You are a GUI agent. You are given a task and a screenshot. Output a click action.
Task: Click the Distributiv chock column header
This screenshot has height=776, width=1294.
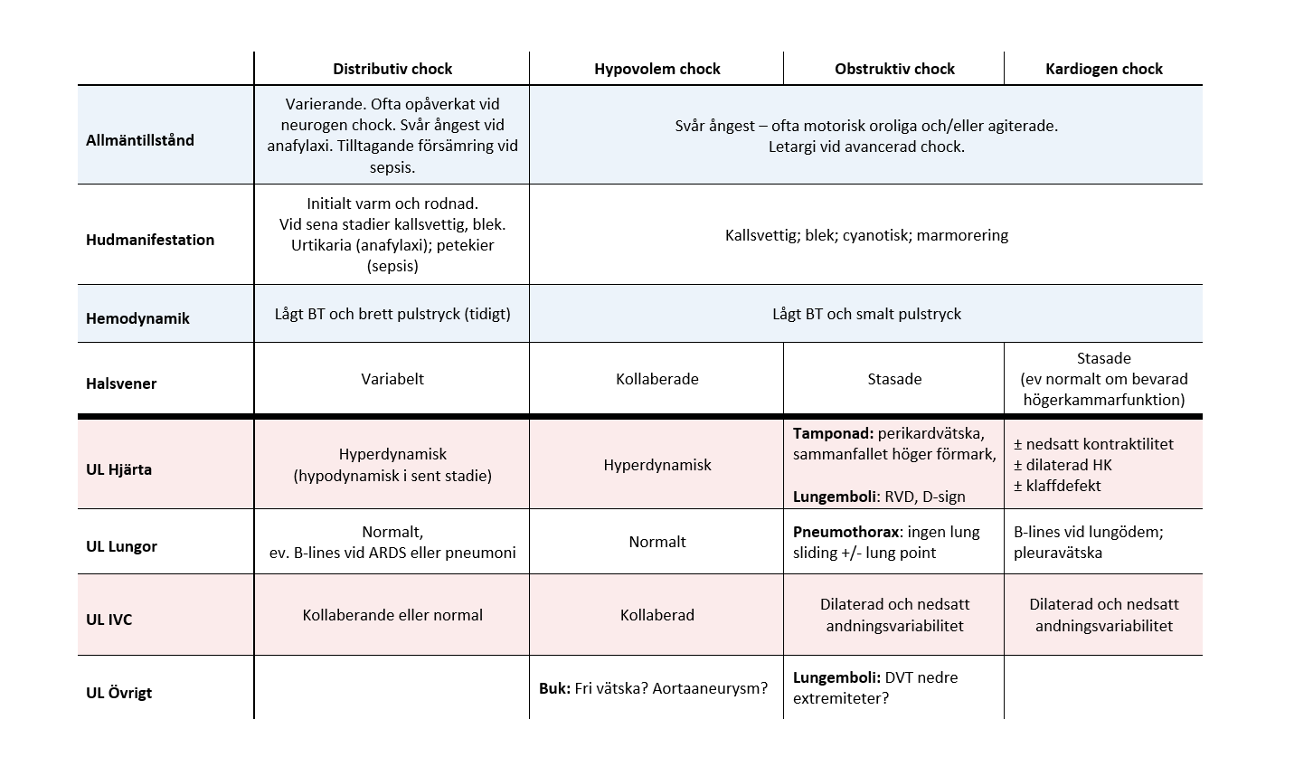pos(392,69)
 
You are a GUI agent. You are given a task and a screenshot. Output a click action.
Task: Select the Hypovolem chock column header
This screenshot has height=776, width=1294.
pos(656,69)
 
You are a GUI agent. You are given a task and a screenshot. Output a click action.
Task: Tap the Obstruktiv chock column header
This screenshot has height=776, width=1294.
pos(894,69)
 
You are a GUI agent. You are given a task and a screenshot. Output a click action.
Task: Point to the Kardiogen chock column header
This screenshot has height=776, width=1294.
pos(1103,69)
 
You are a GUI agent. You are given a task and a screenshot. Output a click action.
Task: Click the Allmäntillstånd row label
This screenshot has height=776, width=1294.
pos(140,140)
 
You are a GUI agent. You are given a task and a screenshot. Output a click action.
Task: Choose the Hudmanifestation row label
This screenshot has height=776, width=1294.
pos(150,240)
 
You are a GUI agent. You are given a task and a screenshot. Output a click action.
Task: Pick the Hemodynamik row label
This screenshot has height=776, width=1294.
pos(137,318)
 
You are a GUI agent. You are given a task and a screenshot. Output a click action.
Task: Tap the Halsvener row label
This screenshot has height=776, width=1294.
pos(121,383)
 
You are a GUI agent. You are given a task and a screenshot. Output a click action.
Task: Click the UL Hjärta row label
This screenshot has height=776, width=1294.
pos(118,469)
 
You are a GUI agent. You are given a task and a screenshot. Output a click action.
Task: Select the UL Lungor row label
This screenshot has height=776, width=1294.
pos(121,546)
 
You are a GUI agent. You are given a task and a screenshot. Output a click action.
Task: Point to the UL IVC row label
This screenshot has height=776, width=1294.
pos(109,620)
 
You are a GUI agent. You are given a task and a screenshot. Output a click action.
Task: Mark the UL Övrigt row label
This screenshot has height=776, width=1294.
pos(118,693)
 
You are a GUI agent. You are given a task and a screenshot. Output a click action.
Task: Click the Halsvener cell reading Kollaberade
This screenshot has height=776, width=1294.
pos(656,379)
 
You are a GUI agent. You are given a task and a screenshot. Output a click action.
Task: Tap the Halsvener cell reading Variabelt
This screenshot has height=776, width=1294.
pos(392,379)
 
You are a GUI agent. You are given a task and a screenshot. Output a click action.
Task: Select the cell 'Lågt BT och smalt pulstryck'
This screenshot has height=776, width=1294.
pos(866,314)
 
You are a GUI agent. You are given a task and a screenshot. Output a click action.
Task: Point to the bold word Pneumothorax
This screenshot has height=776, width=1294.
pos(846,532)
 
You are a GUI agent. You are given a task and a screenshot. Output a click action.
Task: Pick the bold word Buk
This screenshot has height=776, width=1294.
pos(554,688)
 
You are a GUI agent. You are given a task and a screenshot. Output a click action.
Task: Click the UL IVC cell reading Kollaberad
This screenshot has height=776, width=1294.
pos(656,615)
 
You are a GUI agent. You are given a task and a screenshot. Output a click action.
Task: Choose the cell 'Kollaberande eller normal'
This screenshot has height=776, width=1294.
pos(392,615)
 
